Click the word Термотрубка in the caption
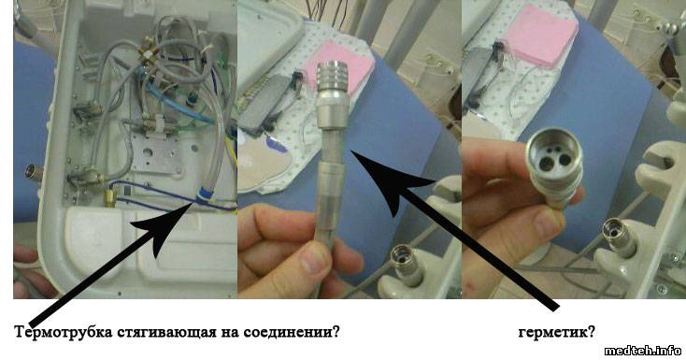64,332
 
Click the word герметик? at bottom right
556,332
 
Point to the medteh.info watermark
642,351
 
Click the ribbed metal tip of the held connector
333,77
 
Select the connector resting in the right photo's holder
618,237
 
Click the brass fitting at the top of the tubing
149,51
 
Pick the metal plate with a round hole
154,153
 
